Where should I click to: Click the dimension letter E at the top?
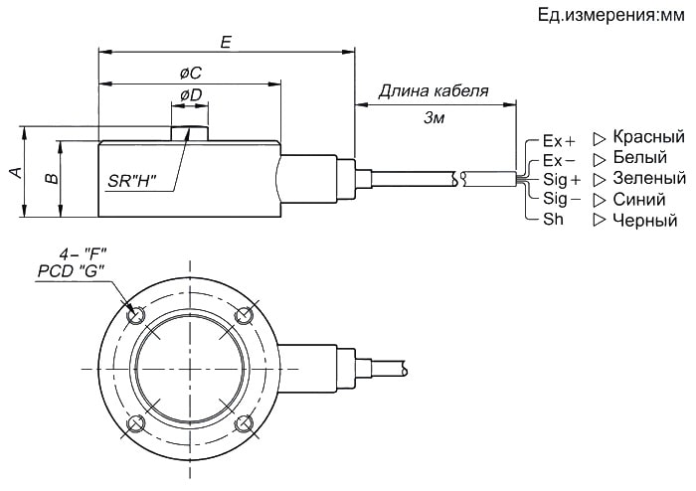[x=226, y=42]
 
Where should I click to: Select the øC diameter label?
[x=191, y=74]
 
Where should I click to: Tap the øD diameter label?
[x=191, y=94]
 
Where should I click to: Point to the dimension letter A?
[x=16, y=172]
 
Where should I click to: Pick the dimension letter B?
[x=52, y=178]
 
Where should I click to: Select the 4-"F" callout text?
[x=83, y=254]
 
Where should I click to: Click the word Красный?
[x=648, y=136]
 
